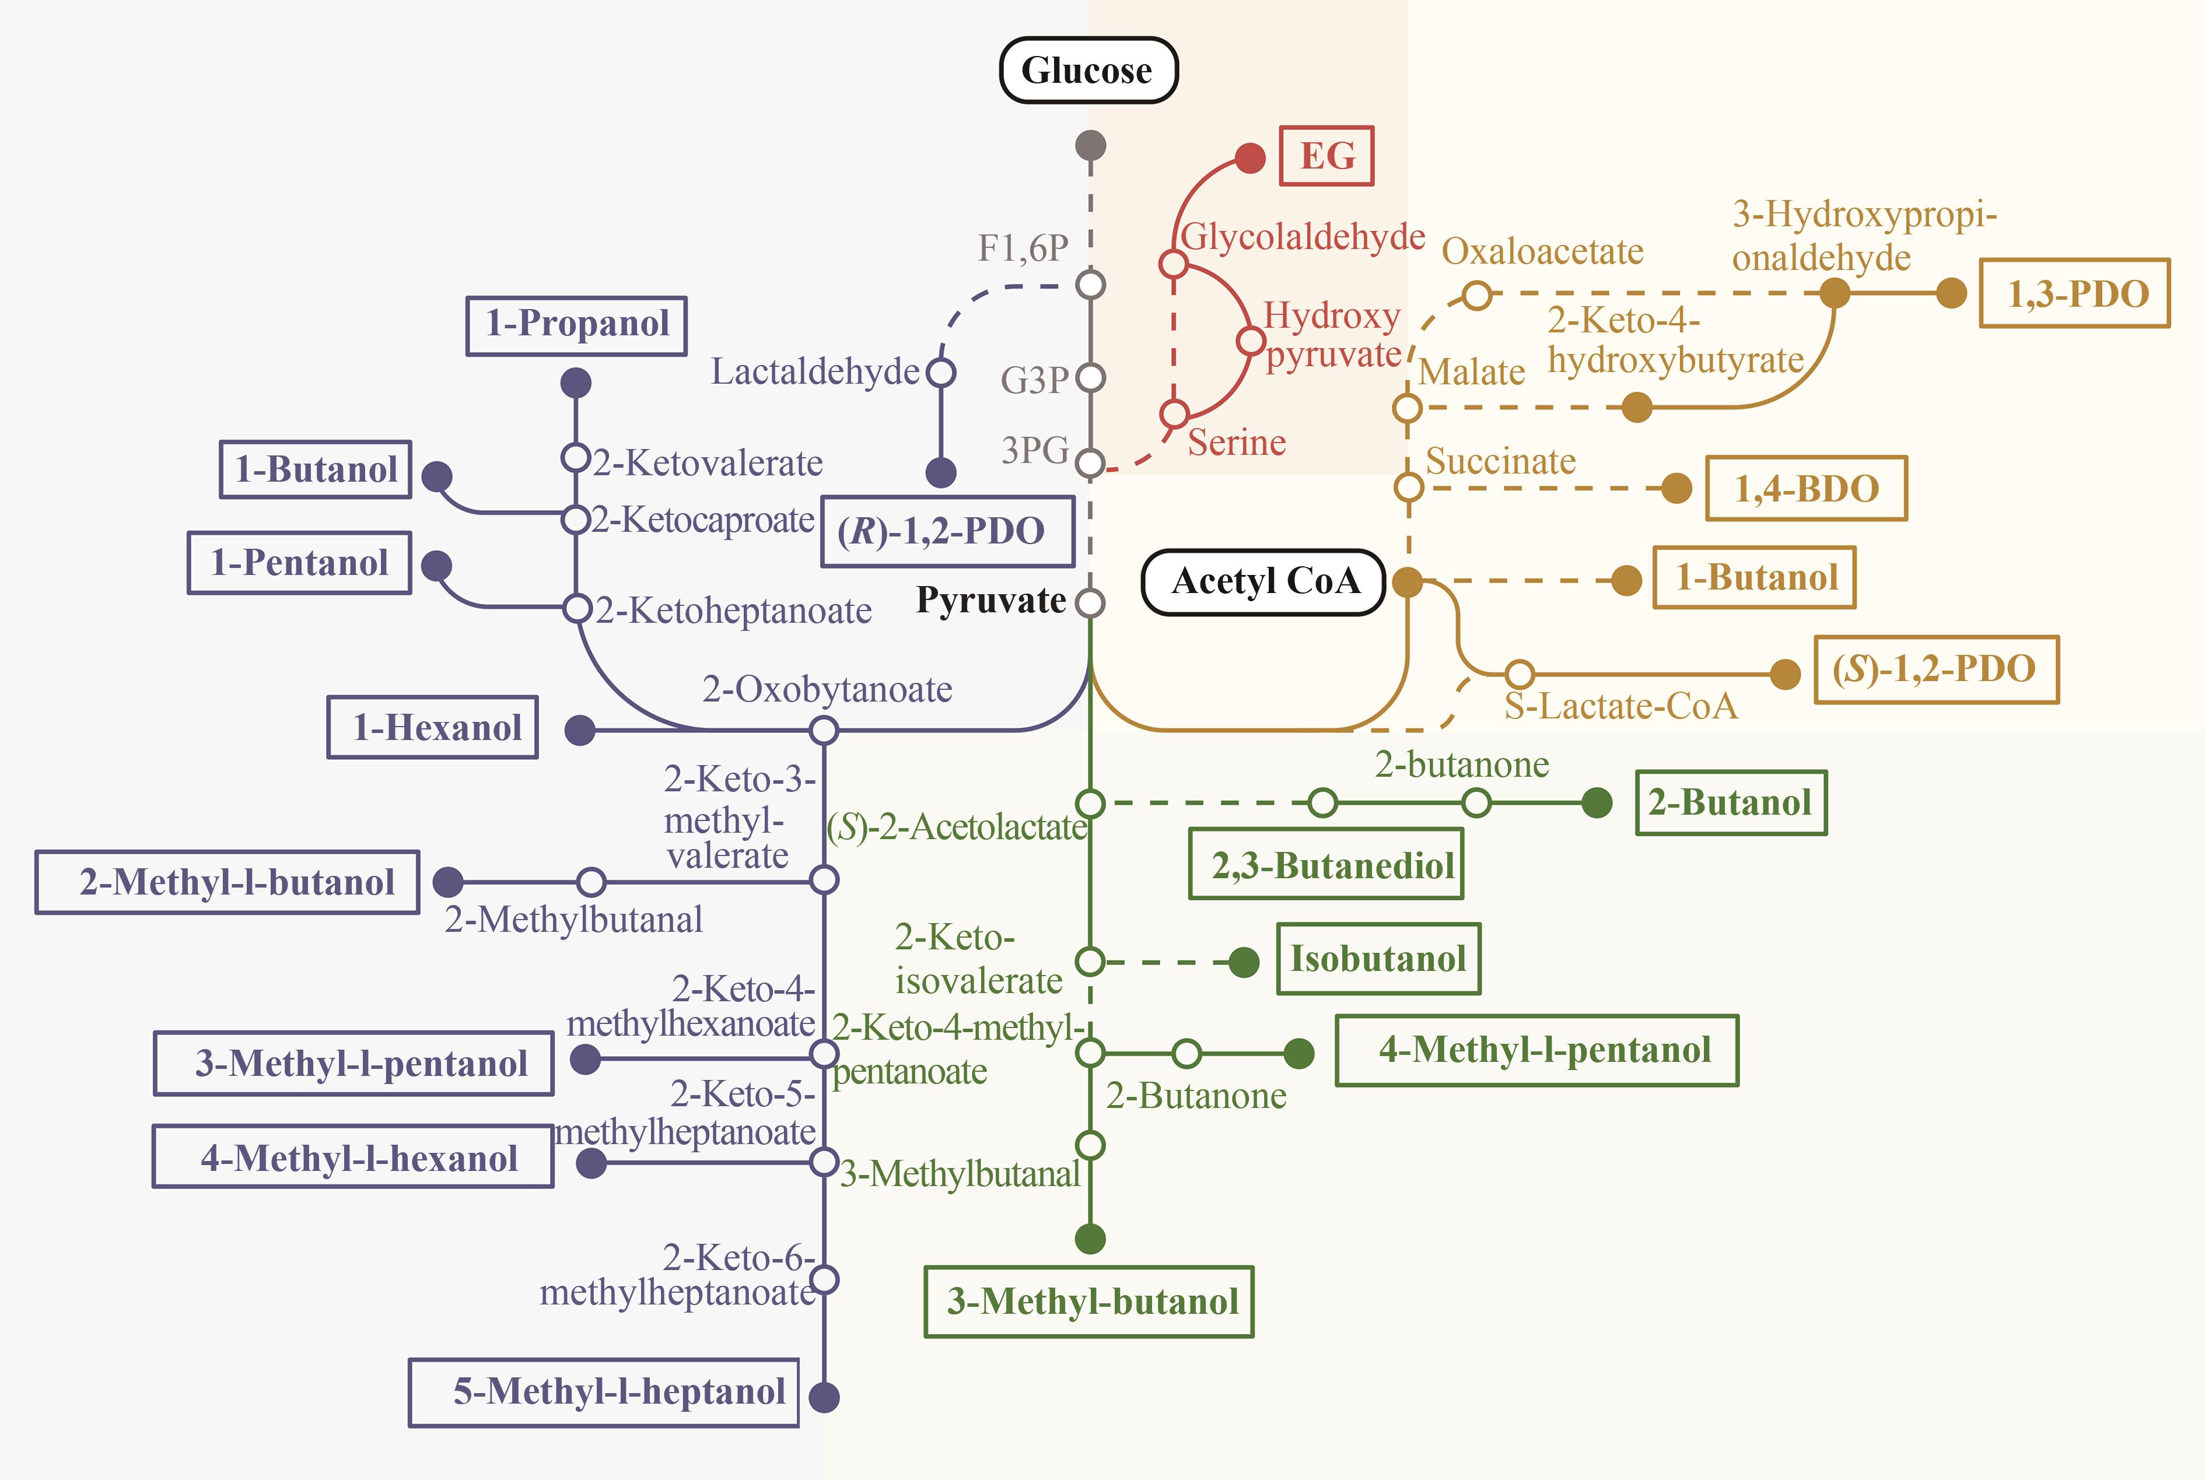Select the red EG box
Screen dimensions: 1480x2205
[1326, 156]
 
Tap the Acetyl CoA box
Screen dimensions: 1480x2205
[1264, 581]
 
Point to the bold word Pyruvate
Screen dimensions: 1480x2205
[991, 600]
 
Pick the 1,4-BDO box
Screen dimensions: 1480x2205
[1806, 488]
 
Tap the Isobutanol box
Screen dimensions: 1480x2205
[1378, 959]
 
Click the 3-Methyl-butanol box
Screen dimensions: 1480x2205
[1089, 1302]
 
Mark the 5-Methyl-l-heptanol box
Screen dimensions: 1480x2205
[604, 1392]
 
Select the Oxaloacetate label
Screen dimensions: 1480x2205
[1542, 251]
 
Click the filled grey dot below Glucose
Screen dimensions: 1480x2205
[1090, 145]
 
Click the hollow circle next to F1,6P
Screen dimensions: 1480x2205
[1090, 284]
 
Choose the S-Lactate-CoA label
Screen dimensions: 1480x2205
[1620, 706]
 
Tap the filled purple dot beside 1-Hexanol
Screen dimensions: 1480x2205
[580, 730]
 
